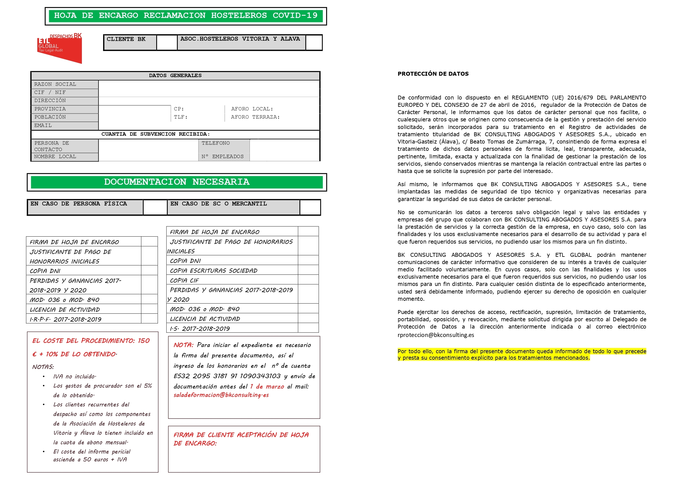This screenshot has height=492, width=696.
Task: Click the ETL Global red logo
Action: pyautogui.click(x=60, y=48)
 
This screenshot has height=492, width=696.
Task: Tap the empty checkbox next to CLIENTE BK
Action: pyautogui.click(x=167, y=42)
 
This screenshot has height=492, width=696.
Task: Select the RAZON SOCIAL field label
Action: pyautogui.click(x=55, y=84)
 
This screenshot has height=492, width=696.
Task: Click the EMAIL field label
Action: pyautogui.click(x=43, y=126)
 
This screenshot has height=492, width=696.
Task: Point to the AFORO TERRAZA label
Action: pyautogui.click(x=255, y=117)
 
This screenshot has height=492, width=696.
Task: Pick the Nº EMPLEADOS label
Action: pyautogui.click(x=222, y=156)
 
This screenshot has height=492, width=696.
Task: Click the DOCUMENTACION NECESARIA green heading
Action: pyautogui.click(x=177, y=182)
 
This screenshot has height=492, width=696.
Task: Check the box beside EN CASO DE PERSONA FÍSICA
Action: pyautogui.click(x=155, y=207)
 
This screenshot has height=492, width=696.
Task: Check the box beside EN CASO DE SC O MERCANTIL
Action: pyautogui.click(x=310, y=207)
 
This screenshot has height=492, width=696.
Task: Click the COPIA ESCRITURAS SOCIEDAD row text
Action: pyautogui.click(x=213, y=271)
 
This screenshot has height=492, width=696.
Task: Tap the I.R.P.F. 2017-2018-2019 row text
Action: pyautogui.click(x=65, y=319)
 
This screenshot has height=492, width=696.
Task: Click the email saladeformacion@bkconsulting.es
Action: pyautogui.click(x=221, y=395)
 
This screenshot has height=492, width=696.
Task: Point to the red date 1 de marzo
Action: pyautogui.click(x=267, y=387)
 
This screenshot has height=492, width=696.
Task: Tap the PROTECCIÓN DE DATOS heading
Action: pyautogui.click(x=433, y=74)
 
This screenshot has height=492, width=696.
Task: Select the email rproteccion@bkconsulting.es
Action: pyautogui.click(x=435, y=335)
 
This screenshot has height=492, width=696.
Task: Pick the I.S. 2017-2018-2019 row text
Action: pyautogui.click(x=200, y=329)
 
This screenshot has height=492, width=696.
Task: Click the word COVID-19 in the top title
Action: pyautogui.click(x=295, y=15)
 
